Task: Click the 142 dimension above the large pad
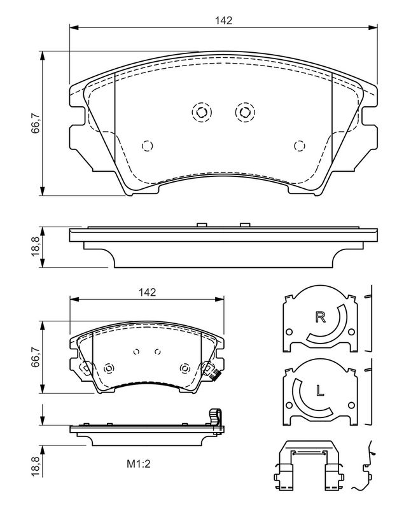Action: (x=224, y=20)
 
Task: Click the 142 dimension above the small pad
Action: (x=147, y=292)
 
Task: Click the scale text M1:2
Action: (x=139, y=464)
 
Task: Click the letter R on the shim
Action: (x=321, y=317)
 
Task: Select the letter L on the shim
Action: (x=320, y=390)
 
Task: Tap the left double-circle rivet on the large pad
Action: (x=202, y=113)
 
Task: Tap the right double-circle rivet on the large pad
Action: (x=245, y=113)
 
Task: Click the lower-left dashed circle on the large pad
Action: (x=148, y=146)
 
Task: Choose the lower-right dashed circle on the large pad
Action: (x=299, y=146)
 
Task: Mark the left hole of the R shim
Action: (x=289, y=332)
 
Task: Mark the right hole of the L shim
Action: (x=351, y=405)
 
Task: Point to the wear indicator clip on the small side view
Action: (x=216, y=419)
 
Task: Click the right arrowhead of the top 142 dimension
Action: (x=373, y=28)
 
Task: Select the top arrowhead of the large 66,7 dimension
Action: (x=41, y=55)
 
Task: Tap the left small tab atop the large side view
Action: (x=202, y=225)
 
